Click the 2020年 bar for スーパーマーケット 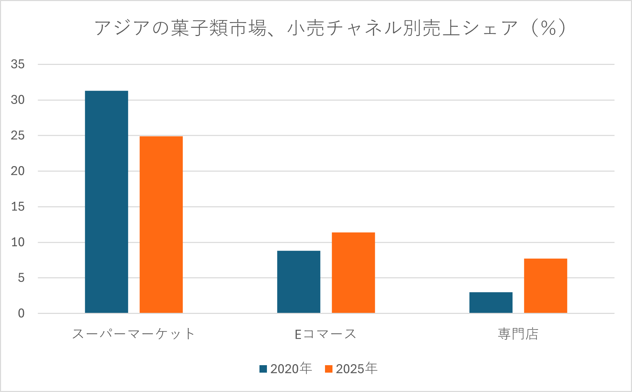tap(106, 202)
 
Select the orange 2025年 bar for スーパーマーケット tap(161, 225)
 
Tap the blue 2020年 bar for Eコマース tap(299, 282)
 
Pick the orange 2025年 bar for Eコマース tap(353, 272)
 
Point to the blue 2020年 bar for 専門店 tap(491, 302)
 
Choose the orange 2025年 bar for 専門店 tap(545, 286)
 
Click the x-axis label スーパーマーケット tap(133, 334)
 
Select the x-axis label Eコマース tap(325, 334)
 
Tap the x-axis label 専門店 tap(518, 334)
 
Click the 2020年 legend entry tap(286, 369)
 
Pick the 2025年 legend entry tap(351, 369)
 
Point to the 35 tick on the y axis tap(18, 64)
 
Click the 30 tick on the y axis tap(18, 100)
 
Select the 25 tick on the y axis tap(18, 136)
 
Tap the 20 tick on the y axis tap(18, 171)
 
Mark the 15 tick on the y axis tap(18, 207)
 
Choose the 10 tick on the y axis tap(18, 242)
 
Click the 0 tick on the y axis tap(21, 313)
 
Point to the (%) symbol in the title tap(548, 28)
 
